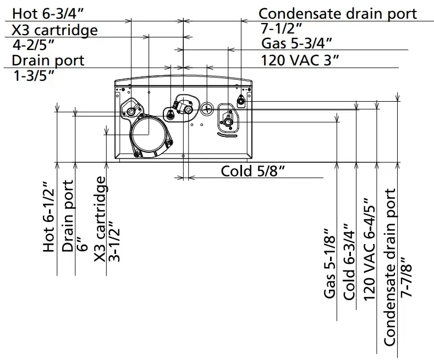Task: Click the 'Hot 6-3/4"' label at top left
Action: point(48,14)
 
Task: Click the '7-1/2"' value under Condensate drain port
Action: point(282,29)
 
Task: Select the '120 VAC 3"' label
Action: point(300,59)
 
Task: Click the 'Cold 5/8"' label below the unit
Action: point(252,171)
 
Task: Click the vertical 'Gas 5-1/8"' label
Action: point(329,264)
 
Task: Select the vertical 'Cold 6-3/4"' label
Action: point(349,262)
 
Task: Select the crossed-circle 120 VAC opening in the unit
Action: point(207,108)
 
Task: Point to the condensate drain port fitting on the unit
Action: point(242,101)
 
